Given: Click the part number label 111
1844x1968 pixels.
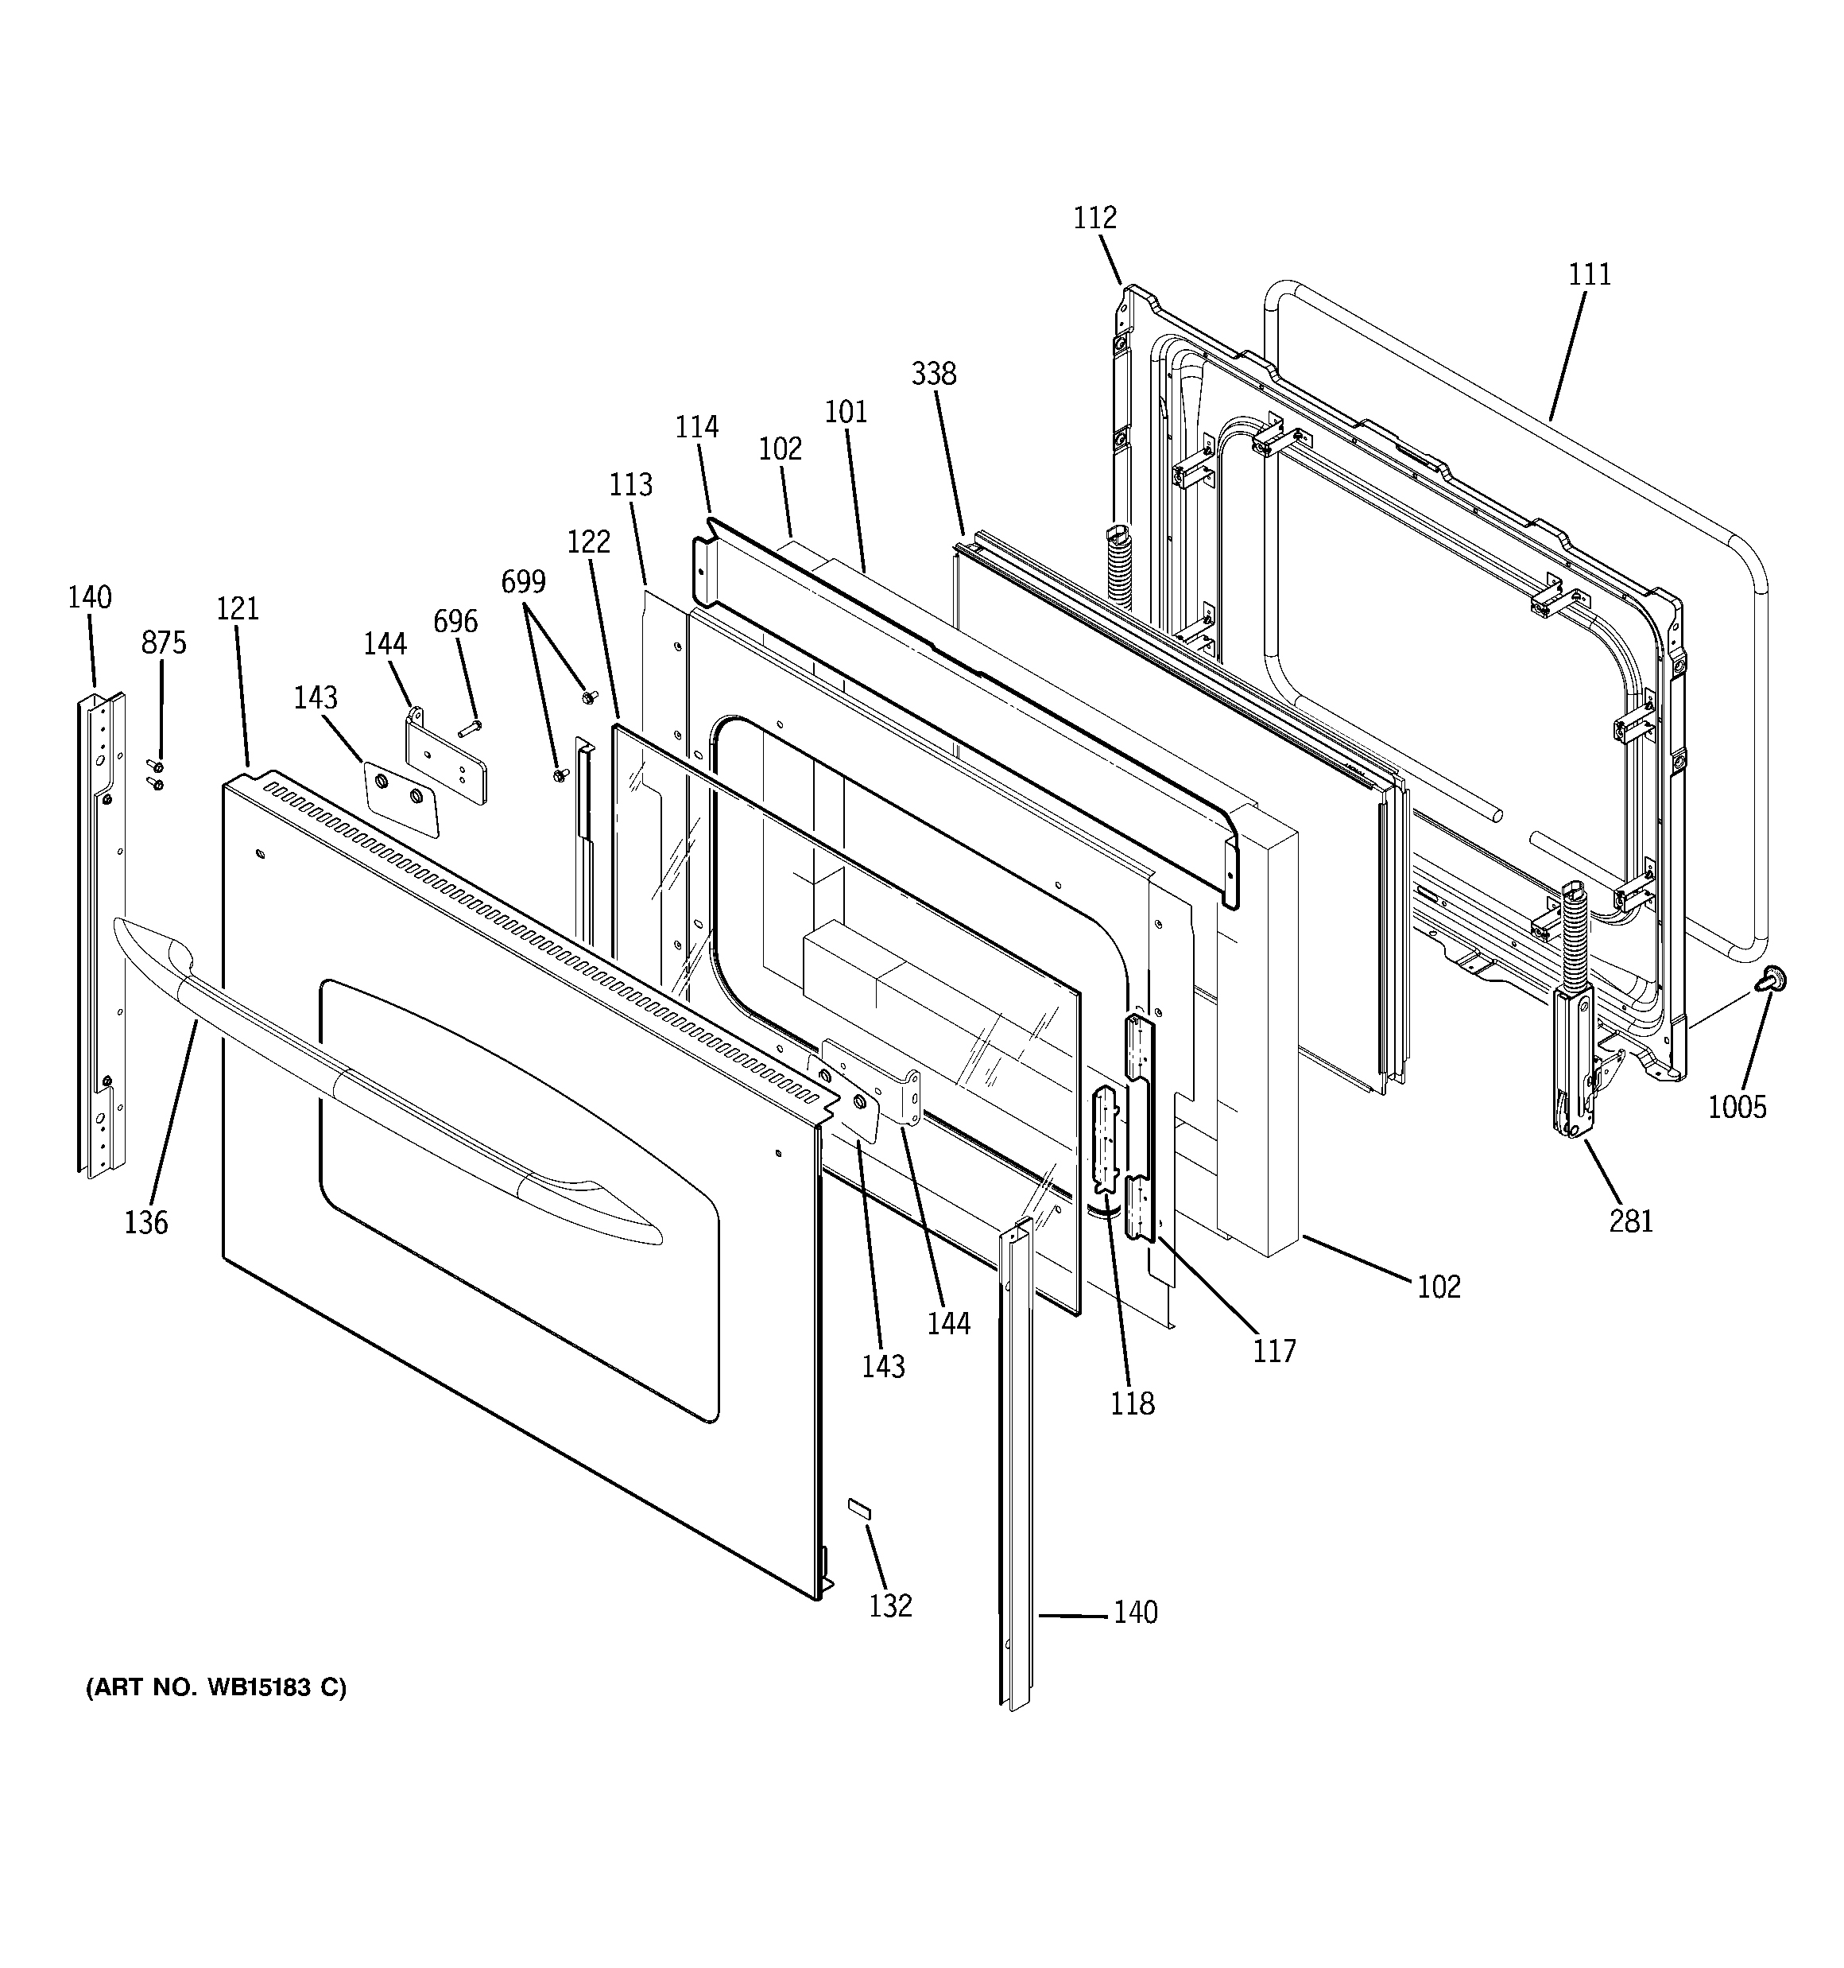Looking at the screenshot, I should (1590, 274).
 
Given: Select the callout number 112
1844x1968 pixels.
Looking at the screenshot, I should (1094, 218).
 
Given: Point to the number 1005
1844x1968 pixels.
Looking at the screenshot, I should (1737, 1107).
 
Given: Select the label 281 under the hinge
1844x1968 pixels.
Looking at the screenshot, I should (1631, 1221).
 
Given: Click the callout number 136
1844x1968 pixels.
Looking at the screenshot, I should (145, 1223).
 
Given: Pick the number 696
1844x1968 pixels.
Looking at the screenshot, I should (455, 622).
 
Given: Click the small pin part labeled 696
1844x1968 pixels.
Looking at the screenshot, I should (469, 730).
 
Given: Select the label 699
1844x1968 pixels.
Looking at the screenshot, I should (523, 582).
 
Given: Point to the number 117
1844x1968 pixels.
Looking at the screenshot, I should (1274, 1351).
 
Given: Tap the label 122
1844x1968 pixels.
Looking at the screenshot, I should (588, 541).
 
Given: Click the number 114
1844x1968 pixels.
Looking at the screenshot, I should (697, 428).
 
